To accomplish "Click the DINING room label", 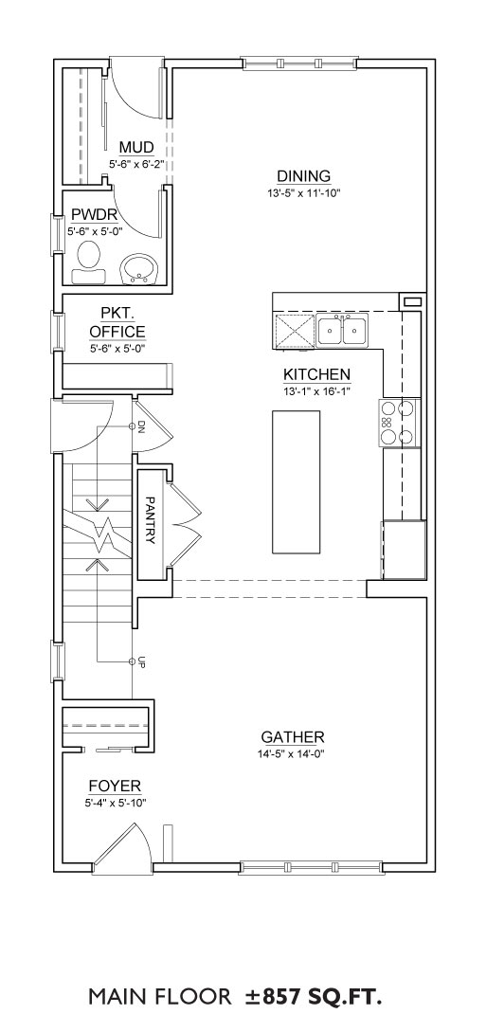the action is pyautogui.click(x=303, y=175).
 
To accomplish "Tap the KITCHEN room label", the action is pyautogui.click(x=317, y=374).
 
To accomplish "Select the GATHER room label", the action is pyautogui.click(x=293, y=736).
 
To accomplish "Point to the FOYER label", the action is pyautogui.click(x=115, y=786).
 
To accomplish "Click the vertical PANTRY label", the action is pyautogui.click(x=150, y=520).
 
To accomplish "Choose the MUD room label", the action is pyautogui.click(x=136, y=146).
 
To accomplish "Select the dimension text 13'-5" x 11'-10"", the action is pyautogui.click(x=303, y=192).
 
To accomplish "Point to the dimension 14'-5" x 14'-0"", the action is pyautogui.click(x=293, y=753).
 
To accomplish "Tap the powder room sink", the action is pyautogui.click(x=139, y=268).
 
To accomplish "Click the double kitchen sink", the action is pyautogui.click(x=343, y=330).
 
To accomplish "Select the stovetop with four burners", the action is pyautogui.click(x=399, y=423).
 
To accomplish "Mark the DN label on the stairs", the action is pyautogui.click(x=141, y=430).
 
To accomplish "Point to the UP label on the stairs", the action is pyautogui.click(x=141, y=662).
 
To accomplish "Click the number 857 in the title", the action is pyautogui.click(x=287, y=997).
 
